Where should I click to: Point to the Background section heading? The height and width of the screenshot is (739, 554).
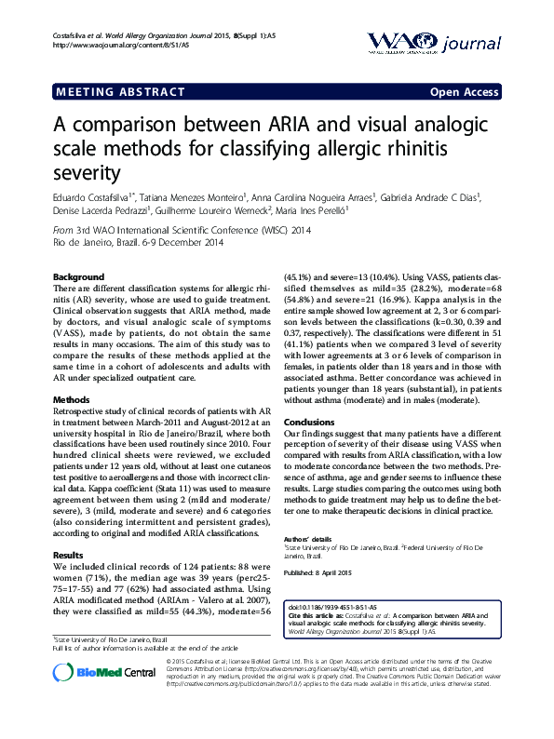click(78, 278)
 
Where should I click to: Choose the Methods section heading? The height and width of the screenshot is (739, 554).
click(73, 399)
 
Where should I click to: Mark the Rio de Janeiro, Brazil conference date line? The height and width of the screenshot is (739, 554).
click(138, 243)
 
